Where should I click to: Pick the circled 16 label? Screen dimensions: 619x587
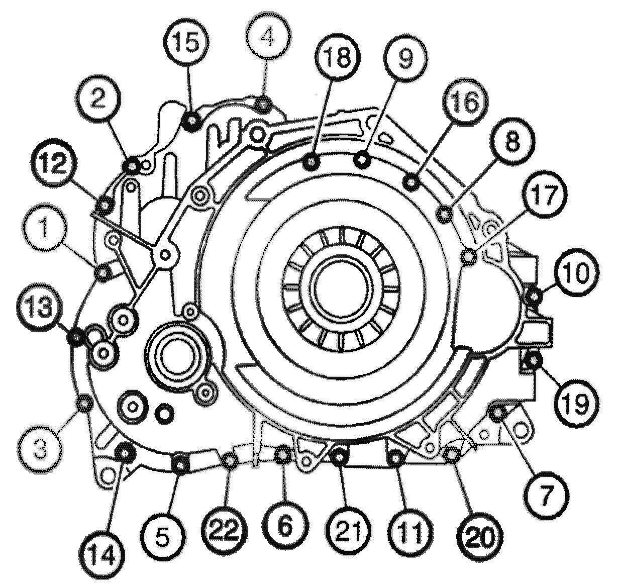(465, 106)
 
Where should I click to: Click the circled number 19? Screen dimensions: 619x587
(577, 404)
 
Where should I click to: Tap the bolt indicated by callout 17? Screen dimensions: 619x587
(469, 257)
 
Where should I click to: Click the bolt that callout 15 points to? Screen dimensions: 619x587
(191, 122)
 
